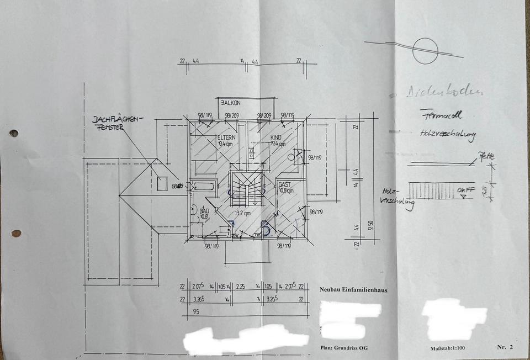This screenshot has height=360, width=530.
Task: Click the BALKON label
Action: coord(231,103)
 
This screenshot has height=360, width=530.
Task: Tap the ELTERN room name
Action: coord(226,137)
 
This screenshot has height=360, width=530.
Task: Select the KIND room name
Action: coord(276,137)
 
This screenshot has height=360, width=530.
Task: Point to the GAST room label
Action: coord(285,184)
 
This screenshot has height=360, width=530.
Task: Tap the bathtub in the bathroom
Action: coord(203,187)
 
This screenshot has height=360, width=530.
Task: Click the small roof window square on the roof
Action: coord(162,183)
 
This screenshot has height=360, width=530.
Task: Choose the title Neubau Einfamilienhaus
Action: coord(353,289)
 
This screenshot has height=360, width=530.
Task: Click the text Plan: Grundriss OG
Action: coord(344,348)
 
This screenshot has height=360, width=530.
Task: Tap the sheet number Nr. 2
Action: coord(505,347)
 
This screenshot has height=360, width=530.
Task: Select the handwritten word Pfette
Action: coord(486,156)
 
